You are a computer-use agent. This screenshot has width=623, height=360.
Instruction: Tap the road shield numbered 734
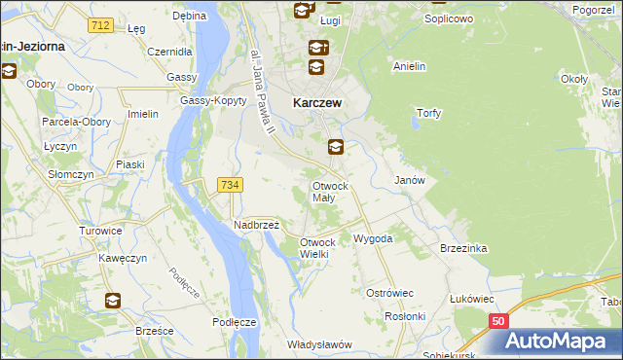(x=231, y=184)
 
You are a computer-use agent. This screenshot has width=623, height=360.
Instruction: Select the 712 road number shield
(x=97, y=25)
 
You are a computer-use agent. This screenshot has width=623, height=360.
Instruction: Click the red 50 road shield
(x=498, y=320)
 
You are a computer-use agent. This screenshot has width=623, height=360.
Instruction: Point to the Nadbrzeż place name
(x=256, y=225)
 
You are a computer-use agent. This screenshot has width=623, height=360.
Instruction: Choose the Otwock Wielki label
(x=317, y=247)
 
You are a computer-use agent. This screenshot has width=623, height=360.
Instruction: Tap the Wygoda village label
(x=373, y=237)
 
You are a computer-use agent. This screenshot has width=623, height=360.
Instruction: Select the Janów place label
(x=408, y=180)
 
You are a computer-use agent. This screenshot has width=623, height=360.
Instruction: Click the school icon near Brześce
(x=114, y=300)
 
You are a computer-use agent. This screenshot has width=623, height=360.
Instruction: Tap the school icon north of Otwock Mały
(x=335, y=148)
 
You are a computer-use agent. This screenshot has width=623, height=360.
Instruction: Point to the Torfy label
(x=429, y=113)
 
